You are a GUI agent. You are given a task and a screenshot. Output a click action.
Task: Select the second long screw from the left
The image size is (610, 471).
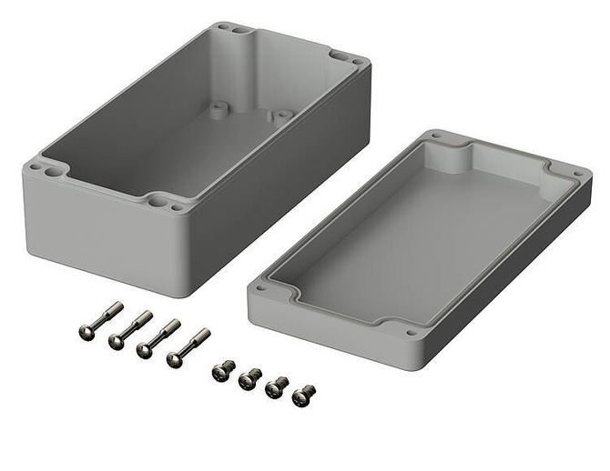[128, 329]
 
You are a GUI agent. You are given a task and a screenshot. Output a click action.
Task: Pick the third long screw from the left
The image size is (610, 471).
[157, 338]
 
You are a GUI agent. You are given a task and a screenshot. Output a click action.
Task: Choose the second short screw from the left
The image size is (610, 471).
[249, 378]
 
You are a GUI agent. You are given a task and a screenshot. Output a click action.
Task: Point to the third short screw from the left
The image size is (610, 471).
[276, 386]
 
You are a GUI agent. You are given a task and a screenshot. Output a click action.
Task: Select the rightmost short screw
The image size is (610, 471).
[303, 396]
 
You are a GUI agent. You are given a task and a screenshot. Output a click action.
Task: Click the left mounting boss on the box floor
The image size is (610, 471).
[218, 110]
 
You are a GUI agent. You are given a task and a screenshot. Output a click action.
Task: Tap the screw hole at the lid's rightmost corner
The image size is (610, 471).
[577, 173]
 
